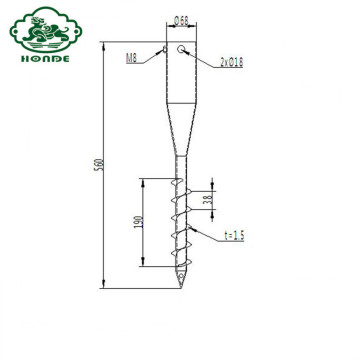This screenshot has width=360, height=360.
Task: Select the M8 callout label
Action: (133, 59)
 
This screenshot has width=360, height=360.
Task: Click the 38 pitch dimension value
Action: (208, 200)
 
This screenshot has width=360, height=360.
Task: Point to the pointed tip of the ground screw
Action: (180, 286)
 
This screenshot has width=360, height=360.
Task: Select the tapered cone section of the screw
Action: (180, 125)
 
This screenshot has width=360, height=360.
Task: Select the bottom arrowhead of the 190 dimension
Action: (142, 267)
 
